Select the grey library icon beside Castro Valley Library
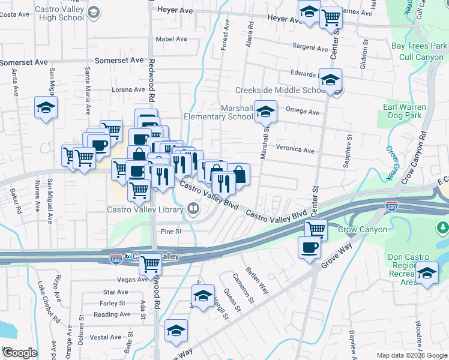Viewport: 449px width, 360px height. [x=193, y=209]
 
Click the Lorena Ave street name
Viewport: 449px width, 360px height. [x=128, y=89]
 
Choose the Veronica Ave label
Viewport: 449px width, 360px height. [x=295, y=149]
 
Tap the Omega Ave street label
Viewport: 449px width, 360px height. [x=303, y=111]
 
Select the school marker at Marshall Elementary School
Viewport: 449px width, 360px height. [x=265, y=112]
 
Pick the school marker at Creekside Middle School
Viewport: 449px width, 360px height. [x=330, y=79]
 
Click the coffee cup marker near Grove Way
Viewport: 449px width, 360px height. [x=310, y=247]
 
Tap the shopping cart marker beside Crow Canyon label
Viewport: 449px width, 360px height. [x=316, y=229]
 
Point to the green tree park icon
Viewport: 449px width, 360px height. [x=442, y=227]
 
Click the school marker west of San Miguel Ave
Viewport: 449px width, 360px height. [x=46, y=108]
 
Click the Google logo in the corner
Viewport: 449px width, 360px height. [x=19, y=353]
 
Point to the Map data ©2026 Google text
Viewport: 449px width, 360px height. [x=411, y=355]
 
